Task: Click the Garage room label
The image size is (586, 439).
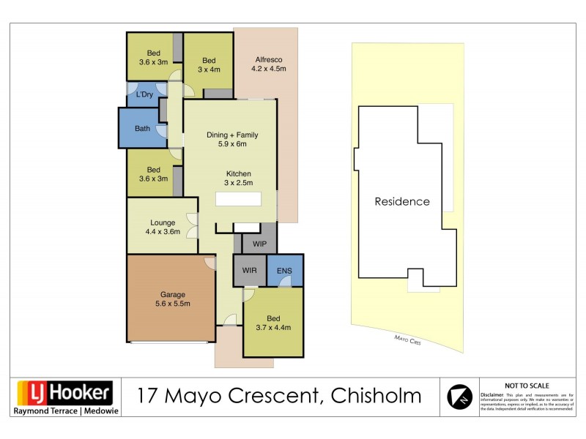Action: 168,299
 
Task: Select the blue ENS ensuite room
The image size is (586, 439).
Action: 284,271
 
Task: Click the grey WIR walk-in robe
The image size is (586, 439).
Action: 249,271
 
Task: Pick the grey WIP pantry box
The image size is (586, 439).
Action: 259,243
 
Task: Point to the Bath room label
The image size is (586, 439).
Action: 142,129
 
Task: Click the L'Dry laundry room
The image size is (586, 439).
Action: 144,94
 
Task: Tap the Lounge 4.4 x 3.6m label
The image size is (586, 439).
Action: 161,227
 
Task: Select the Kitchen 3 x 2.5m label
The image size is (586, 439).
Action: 238,178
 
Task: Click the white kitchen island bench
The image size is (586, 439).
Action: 238,199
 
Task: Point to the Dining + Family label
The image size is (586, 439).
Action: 232,139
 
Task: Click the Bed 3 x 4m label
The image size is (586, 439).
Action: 209,64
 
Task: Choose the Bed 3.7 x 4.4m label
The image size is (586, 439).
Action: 272,323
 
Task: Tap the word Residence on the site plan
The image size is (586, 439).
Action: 402,201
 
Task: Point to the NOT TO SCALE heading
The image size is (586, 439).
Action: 527,385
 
